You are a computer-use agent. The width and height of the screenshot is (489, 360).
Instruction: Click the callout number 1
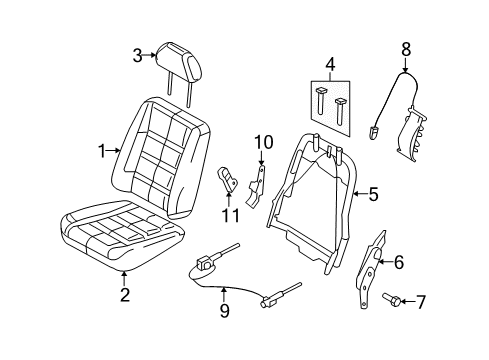point(102,151)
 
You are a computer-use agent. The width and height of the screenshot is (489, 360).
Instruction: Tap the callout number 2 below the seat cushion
point(125,295)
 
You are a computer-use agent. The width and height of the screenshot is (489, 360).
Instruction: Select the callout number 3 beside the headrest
point(138,56)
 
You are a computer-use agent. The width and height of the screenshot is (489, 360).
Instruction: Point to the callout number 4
point(330,65)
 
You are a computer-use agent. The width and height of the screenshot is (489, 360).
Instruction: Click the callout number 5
point(374,194)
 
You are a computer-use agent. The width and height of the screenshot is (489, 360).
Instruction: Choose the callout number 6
point(399,262)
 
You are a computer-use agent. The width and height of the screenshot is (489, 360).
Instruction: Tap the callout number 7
point(420,302)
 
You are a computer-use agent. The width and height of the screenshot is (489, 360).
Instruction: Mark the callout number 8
point(406,50)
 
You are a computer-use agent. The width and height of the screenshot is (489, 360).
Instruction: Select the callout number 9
point(224,311)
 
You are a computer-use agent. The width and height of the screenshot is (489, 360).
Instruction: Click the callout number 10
point(264,143)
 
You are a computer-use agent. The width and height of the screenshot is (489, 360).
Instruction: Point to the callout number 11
point(231,215)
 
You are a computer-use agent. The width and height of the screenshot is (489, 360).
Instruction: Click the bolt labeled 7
point(391,299)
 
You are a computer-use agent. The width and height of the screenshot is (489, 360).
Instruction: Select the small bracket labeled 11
point(227,179)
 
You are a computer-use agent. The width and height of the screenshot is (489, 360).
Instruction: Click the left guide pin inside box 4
point(321,100)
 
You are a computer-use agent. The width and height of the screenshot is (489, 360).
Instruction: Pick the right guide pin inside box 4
point(340,111)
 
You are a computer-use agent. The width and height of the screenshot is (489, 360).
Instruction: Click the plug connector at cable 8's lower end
point(373,133)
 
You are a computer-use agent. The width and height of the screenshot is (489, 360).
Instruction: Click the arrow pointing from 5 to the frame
point(360,194)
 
